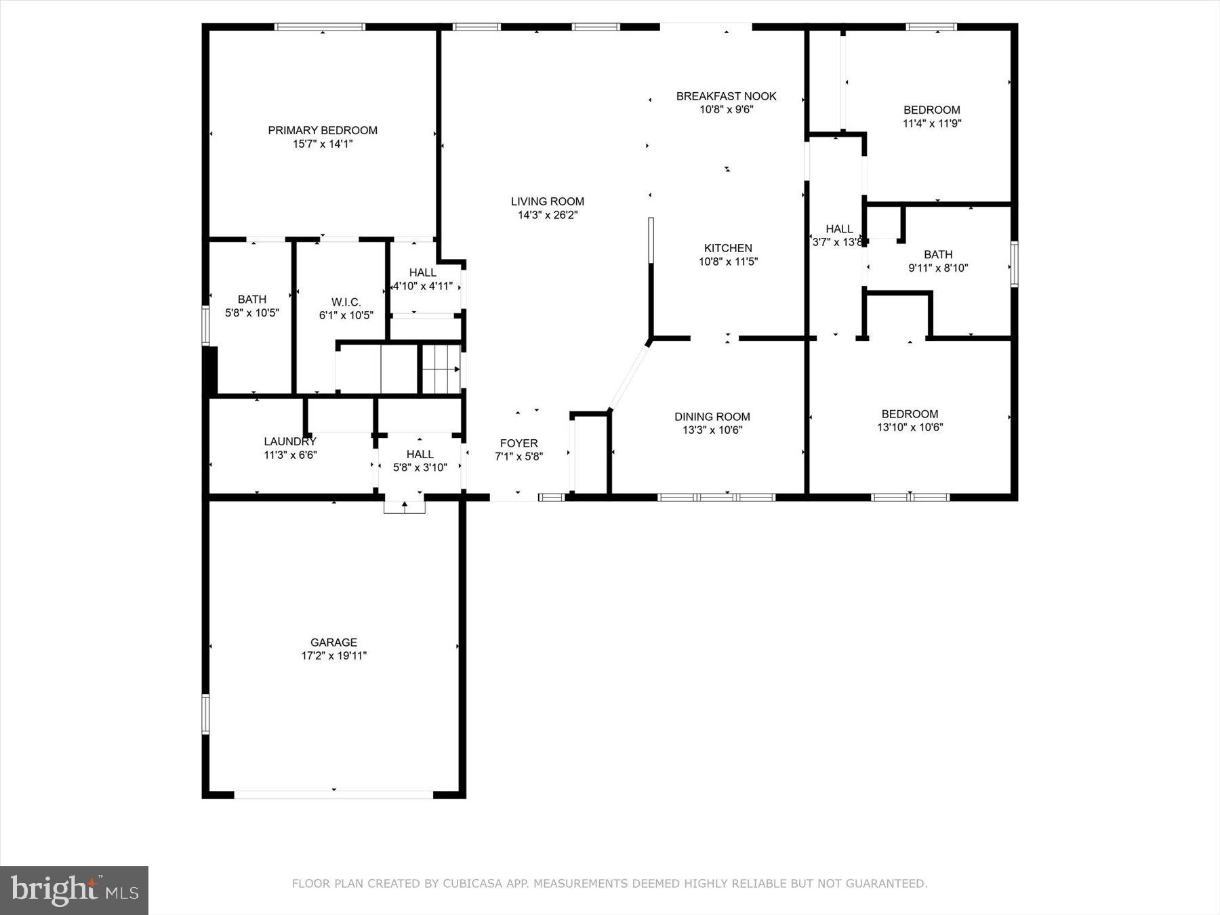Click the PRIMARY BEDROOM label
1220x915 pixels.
[323, 130]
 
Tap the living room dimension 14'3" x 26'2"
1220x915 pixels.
[548, 215]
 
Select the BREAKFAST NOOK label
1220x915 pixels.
[726, 96]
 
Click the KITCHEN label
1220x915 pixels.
[728, 248]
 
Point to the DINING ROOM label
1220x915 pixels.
[712, 417]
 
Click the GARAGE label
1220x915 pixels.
[333, 643]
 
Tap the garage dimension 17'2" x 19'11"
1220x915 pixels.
[333, 655]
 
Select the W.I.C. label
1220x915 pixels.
[346, 302]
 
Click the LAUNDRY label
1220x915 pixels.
[290, 441]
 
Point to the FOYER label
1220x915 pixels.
[518, 443]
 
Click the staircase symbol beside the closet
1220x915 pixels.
[441, 369]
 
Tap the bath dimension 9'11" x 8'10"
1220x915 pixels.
[938, 268]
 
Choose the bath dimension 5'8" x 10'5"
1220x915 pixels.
[251, 312]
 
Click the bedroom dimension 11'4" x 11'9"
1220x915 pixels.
[931, 123]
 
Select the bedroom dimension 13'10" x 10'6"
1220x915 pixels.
[910, 427]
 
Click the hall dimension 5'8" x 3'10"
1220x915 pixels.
[420, 467]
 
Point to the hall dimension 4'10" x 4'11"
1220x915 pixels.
[423, 286]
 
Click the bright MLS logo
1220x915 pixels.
[74, 890]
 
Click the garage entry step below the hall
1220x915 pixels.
[405, 506]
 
